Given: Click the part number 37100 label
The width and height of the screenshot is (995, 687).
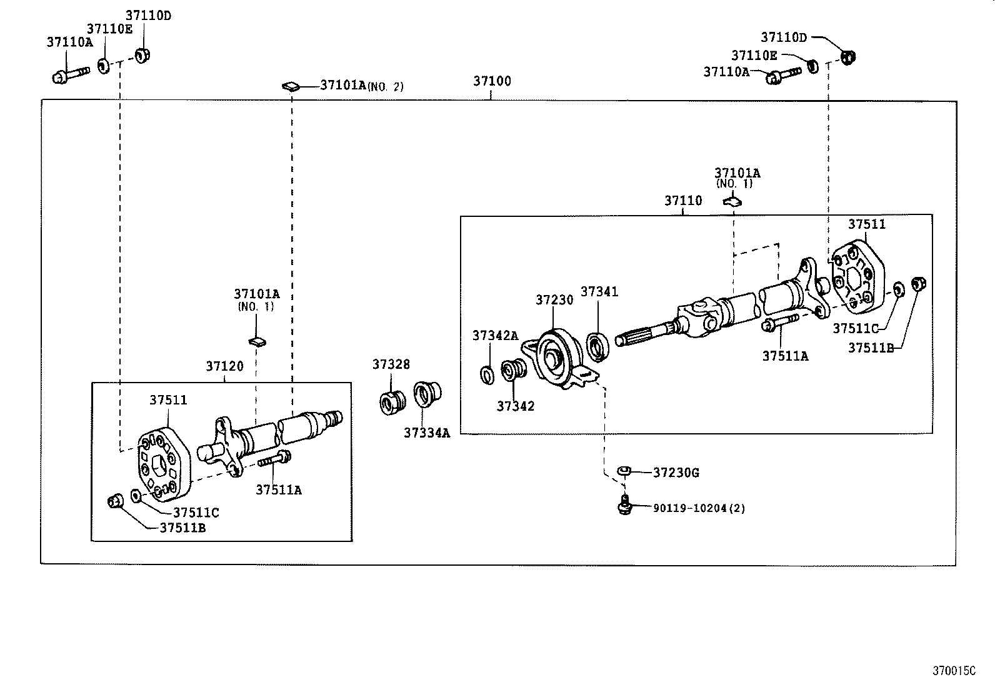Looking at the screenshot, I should [491, 81].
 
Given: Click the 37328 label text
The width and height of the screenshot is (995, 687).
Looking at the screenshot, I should [391, 364].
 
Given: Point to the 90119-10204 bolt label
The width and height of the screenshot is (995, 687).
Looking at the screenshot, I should [698, 509].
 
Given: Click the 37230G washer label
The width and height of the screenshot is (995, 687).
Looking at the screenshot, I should [676, 473].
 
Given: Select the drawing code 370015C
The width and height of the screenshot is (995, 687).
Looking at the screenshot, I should [954, 671].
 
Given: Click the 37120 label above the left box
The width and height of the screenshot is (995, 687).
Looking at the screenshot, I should [224, 366].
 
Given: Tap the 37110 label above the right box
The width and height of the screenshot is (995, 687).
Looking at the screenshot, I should [682, 201].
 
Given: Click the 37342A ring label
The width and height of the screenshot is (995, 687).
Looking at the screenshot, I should [495, 336].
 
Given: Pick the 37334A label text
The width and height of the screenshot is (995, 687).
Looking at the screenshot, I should [426, 433].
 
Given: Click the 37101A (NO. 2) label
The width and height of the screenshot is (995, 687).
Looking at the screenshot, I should [361, 86].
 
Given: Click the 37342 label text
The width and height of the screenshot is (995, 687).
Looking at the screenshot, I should [516, 406].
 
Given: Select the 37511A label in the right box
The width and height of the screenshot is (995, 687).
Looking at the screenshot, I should [785, 356].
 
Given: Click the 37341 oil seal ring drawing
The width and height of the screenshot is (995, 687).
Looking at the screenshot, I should [598, 347].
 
